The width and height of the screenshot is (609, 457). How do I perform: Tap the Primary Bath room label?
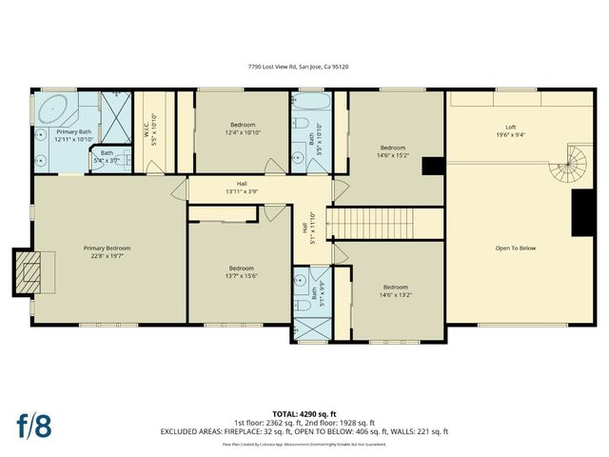(72, 135)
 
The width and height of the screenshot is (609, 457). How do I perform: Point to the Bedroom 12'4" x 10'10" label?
(243, 128)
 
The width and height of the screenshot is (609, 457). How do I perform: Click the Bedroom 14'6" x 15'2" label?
(393, 151)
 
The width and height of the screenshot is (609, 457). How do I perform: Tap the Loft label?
(510, 131)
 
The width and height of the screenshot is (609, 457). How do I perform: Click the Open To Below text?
(515, 248)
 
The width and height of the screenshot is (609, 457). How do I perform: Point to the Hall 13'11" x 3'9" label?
(242, 188)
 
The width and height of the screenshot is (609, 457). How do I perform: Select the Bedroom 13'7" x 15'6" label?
(242, 271)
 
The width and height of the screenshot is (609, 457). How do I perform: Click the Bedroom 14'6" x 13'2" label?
(395, 290)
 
